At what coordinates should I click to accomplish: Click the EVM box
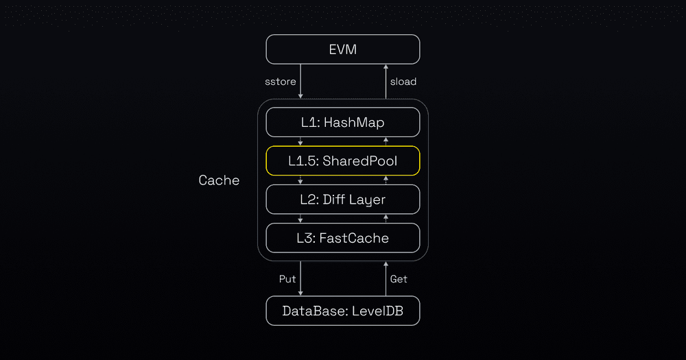pos(343,49)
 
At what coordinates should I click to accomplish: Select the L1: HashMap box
pos(343,123)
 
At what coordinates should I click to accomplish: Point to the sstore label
pos(281,82)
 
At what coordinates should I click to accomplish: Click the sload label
pos(403,82)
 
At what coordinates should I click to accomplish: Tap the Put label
pos(287,279)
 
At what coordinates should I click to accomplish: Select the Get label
pos(399,279)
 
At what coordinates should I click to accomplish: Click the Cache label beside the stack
pos(219,180)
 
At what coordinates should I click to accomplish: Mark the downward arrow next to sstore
pos(300,82)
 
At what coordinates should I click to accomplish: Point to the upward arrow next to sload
pos(386,82)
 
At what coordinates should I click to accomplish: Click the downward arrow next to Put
pos(300,279)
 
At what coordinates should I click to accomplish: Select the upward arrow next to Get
pos(386,279)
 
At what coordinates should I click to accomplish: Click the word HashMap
pos(354,123)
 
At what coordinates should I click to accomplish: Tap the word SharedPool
pos(360,161)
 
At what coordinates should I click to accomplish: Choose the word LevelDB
pos(377,311)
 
